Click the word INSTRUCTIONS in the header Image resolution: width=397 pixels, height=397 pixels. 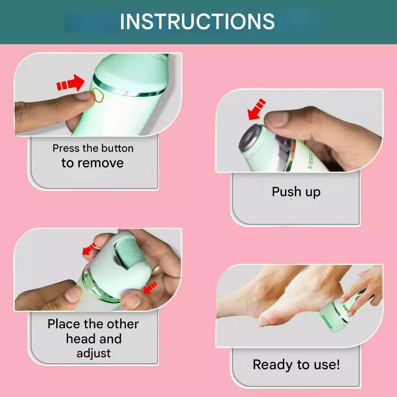[x=197, y=22]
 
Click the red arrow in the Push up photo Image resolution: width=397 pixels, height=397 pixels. [x=256, y=110]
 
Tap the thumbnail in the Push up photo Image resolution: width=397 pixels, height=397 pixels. [x=277, y=119]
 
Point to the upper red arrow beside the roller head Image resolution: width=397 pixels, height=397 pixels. [x=89, y=249]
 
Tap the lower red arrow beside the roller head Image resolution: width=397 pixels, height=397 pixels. [x=150, y=287]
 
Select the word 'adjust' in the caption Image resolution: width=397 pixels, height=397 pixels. [x=94, y=354]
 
